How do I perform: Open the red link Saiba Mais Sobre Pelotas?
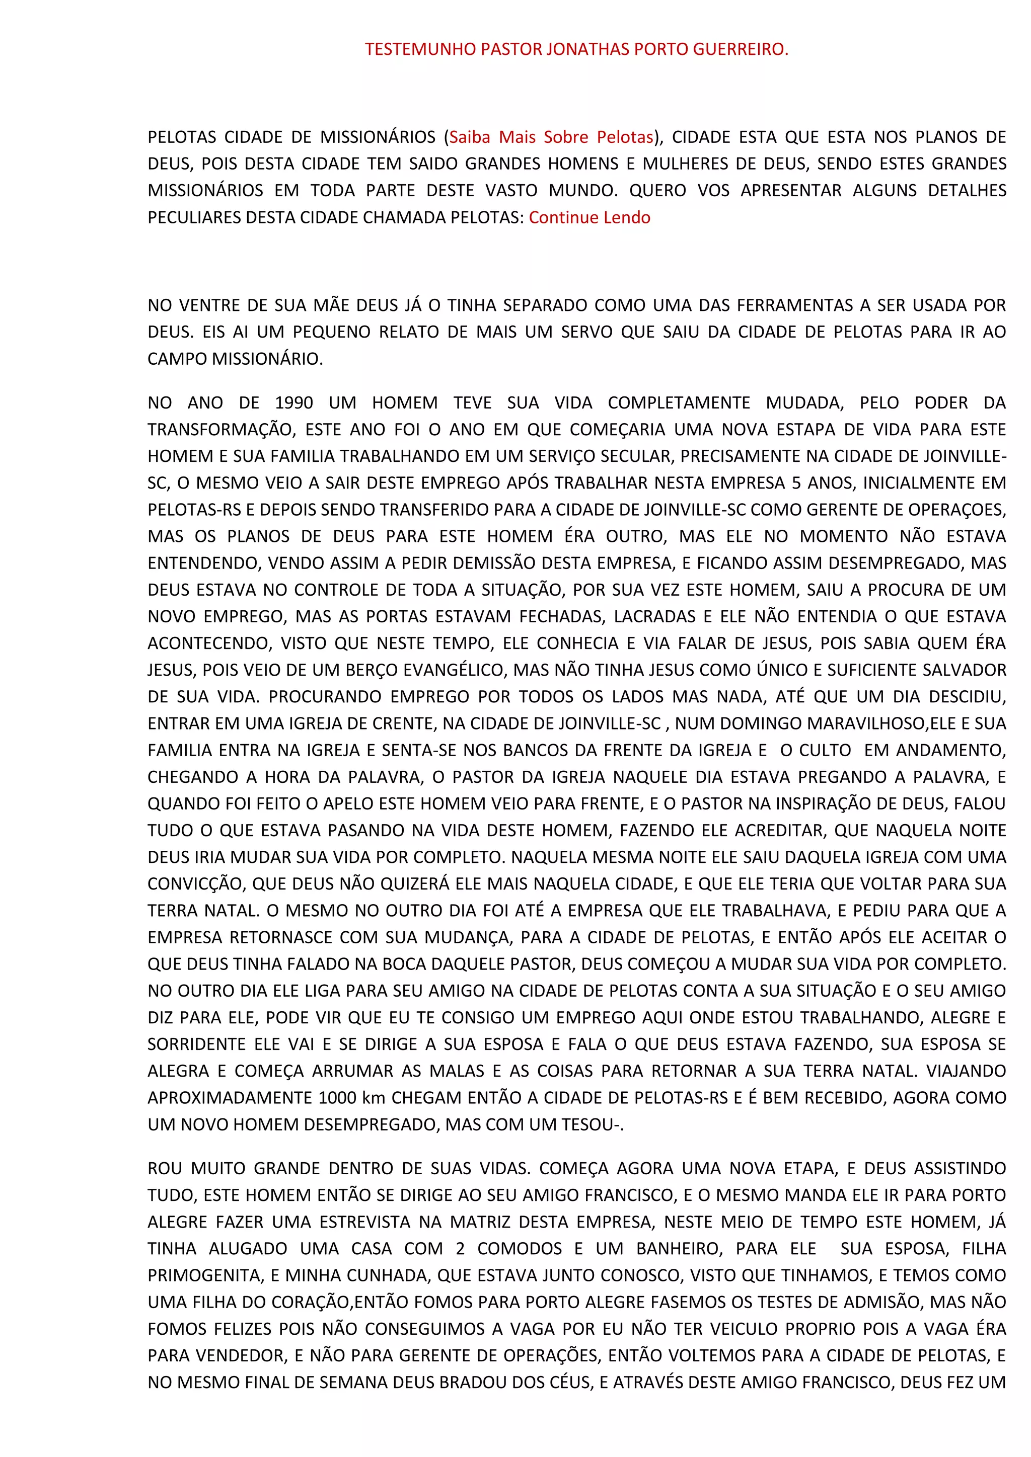click(x=551, y=137)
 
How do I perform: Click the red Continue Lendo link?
click(x=589, y=218)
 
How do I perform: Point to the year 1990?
click(x=294, y=403)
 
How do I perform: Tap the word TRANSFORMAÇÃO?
click(x=221, y=430)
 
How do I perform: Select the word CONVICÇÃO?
click(x=195, y=884)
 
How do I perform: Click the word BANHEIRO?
click(x=679, y=1248)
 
